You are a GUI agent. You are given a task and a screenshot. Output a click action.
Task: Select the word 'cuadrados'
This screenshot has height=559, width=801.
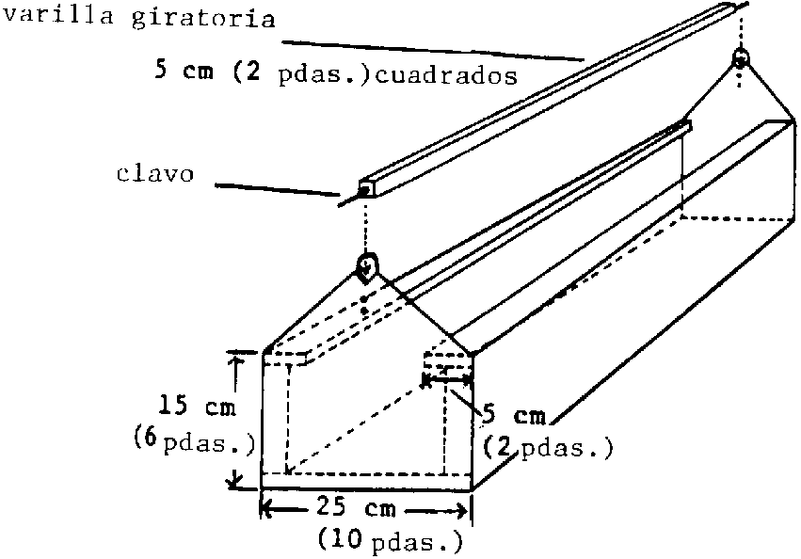pyautogui.click(x=446, y=76)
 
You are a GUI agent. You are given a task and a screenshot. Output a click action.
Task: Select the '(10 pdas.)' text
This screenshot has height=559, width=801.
pyautogui.click(x=390, y=540)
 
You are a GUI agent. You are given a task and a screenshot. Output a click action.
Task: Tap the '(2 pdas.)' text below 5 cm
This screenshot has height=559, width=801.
pyautogui.click(x=548, y=447)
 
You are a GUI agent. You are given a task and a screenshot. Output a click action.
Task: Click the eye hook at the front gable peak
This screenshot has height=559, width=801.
pyautogui.click(x=367, y=267)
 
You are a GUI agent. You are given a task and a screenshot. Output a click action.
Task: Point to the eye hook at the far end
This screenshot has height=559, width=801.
pyautogui.click(x=741, y=58)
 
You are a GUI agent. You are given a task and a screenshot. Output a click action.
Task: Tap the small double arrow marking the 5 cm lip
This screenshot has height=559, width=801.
pyautogui.click(x=452, y=378)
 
